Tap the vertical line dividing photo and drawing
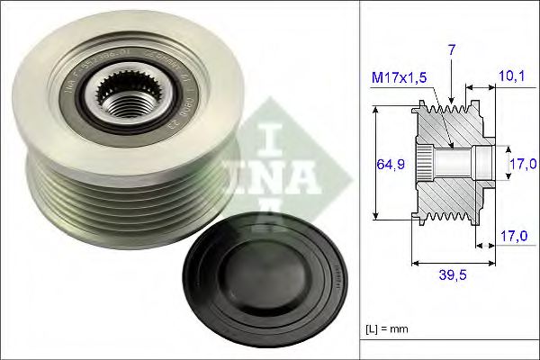click(x=359, y=180)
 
